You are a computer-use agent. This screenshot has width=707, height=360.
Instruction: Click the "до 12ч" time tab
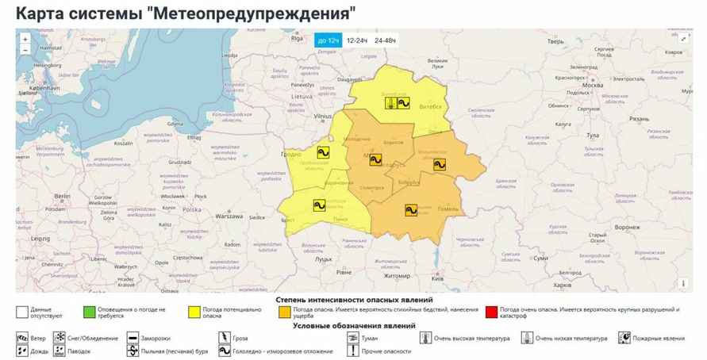328,40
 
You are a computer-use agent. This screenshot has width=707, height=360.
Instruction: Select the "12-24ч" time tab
357,40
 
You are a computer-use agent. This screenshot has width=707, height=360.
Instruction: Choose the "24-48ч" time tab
386,40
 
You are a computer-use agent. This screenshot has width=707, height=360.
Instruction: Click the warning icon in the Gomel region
411,210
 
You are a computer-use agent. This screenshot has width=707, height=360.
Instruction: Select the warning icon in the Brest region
319,205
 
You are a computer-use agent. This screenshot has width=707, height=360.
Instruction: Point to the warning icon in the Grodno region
323,152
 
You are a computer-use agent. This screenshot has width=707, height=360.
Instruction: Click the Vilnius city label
322,117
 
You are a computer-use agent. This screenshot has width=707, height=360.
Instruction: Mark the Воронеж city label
626,227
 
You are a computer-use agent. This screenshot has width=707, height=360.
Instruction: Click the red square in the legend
491,312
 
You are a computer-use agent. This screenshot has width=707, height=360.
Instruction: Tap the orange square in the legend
284,312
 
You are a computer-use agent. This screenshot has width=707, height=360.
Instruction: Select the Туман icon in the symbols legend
352,338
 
